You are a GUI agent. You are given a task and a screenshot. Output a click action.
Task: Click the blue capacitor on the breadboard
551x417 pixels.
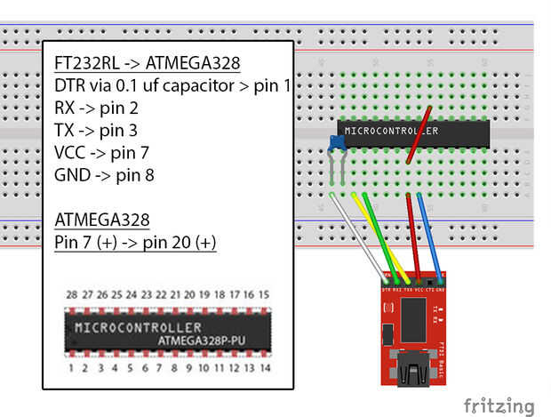[336, 143]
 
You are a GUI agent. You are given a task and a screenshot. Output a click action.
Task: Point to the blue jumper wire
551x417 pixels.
[428, 231]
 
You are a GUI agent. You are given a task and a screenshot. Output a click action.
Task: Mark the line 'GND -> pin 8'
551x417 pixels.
[104, 174]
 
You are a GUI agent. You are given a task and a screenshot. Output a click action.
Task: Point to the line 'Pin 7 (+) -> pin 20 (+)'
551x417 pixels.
[135, 242]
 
